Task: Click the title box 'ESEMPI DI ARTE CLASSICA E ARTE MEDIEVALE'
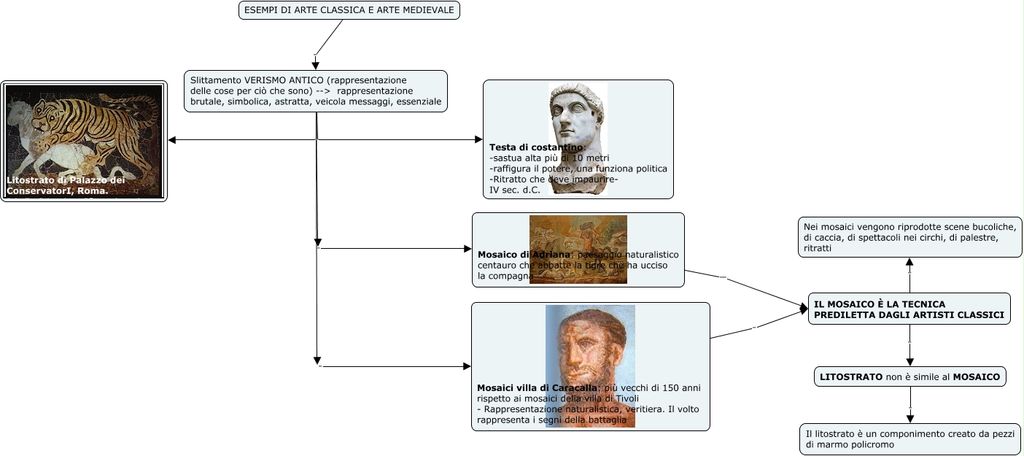tap(349, 10)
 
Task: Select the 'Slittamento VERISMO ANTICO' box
tap(315, 90)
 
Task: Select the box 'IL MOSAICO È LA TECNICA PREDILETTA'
tap(909, 309)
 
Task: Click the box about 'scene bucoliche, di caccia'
tap(909, 237)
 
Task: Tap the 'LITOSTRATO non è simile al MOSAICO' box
tap(909, 376)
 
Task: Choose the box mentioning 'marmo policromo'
tap(909, 438)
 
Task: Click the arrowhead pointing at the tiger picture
tap(172, 139)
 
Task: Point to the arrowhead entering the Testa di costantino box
tap(478, 139)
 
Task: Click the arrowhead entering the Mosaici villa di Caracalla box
tap(467, 366)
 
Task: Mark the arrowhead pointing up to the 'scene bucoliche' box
tap(909, 261)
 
